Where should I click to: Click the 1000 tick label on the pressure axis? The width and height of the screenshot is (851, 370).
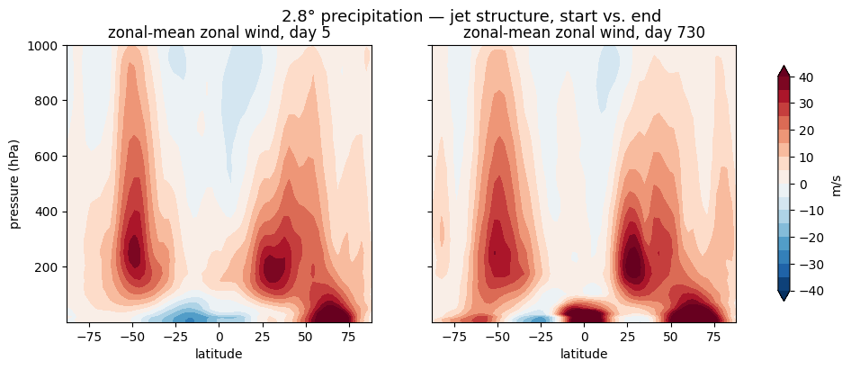point(44,45)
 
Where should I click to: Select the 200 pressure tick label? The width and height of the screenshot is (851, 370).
point(48,267)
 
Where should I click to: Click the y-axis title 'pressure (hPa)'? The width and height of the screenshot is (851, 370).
point(14,184)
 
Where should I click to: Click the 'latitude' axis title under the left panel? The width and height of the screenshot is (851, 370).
point(219,354)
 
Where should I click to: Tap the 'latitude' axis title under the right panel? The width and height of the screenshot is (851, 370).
point(584,354)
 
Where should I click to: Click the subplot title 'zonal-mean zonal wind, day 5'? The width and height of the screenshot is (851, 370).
point(219,32)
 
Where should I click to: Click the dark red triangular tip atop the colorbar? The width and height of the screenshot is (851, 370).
point(784,70)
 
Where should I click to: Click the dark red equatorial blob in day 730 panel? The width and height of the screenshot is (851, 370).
point(584,312)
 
